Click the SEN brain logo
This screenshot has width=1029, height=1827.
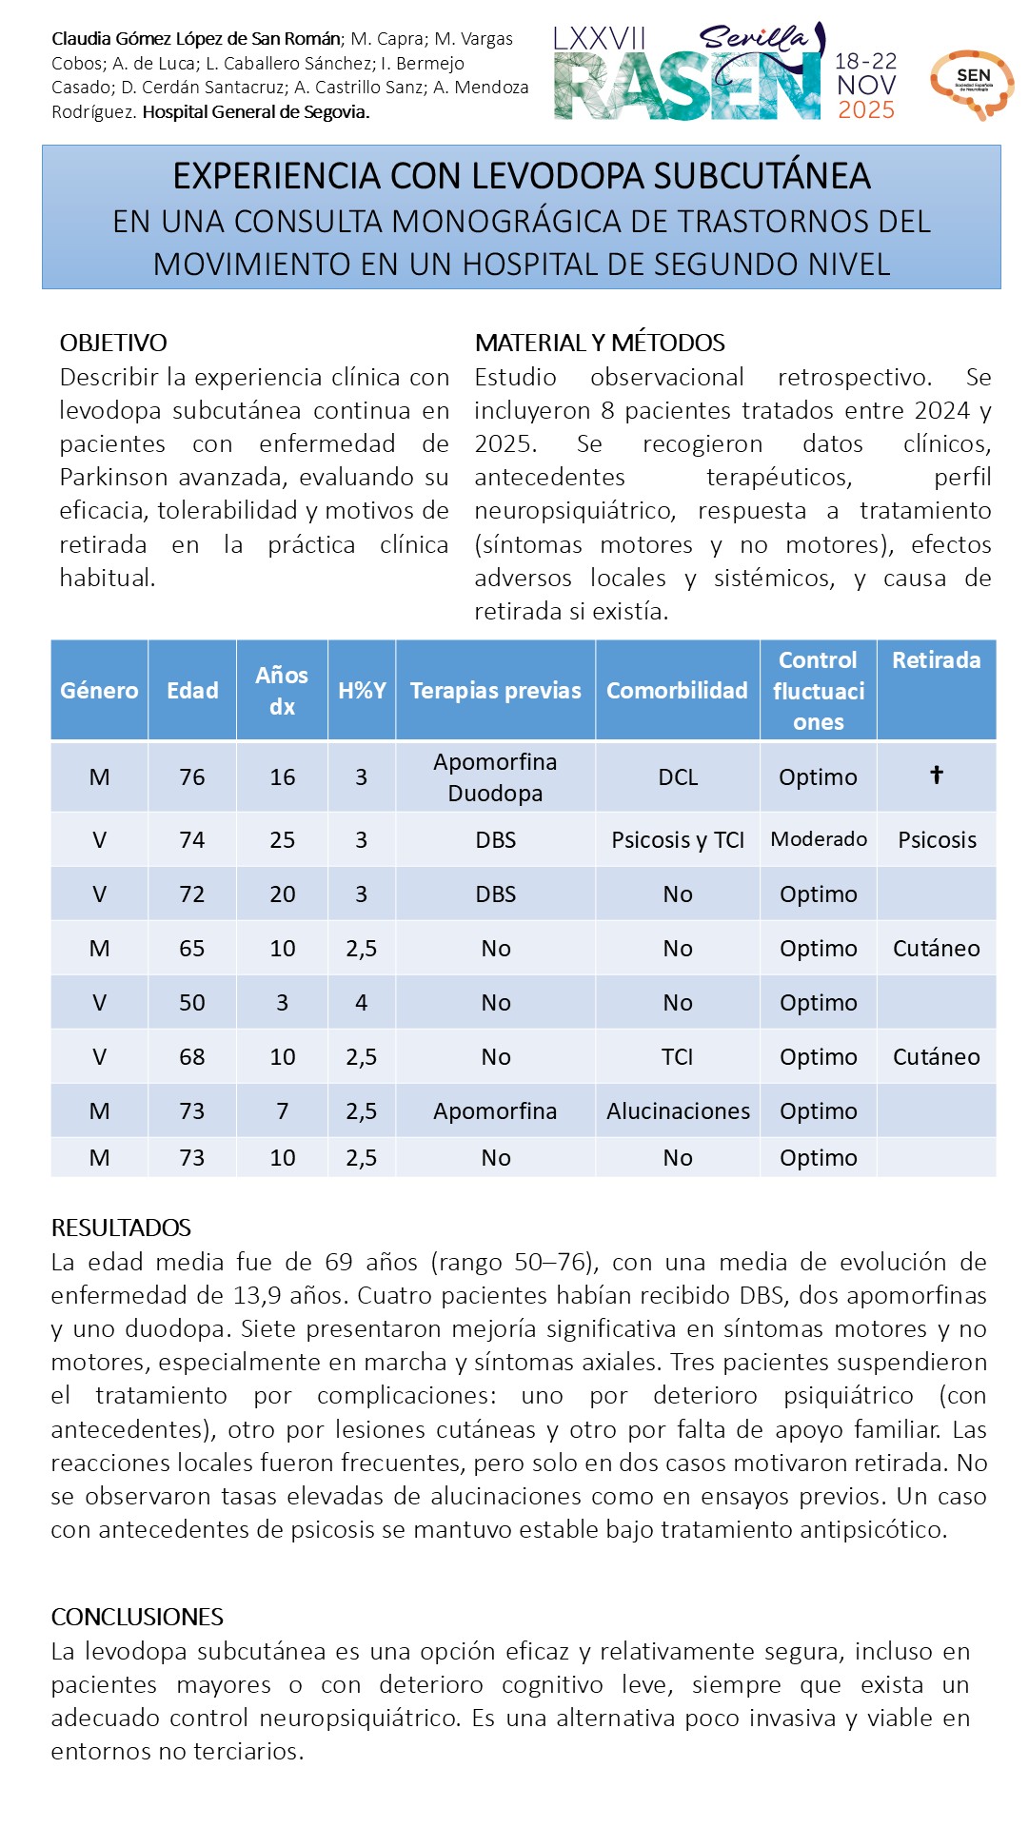point(972,84)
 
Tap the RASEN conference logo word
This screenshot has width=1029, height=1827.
point(686,88)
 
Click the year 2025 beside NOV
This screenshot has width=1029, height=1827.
point(865,110)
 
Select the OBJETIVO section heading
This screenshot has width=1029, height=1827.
point(113,343)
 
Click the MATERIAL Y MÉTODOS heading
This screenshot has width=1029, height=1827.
point(600,343)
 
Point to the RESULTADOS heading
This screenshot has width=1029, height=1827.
point(121,1228)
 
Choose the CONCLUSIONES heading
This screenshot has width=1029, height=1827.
point(137,1617)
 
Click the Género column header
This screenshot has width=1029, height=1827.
point(99,690)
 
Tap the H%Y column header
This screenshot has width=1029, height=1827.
point(362,690)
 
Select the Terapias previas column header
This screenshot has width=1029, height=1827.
point(495,690)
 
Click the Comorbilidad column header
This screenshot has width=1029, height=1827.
point(677,690)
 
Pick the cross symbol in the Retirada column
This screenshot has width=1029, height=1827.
point(937,775)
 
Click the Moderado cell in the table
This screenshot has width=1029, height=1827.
point(819,839)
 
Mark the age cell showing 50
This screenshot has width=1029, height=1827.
point(192,1002)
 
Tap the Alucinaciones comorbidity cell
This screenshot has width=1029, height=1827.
point(678,1110)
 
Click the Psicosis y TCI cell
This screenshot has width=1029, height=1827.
point(678,839)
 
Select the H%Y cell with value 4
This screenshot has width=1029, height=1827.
point(362,1002)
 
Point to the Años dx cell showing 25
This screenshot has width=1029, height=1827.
point(283,839)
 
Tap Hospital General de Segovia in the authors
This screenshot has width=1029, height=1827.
point(256,111)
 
